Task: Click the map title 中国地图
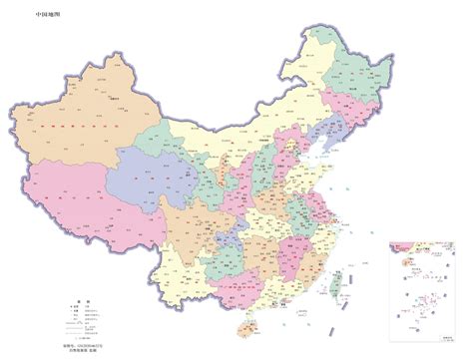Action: pyautogui.click(x=47, y=15)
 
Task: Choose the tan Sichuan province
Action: pyautogui.click(x=195, y=224)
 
